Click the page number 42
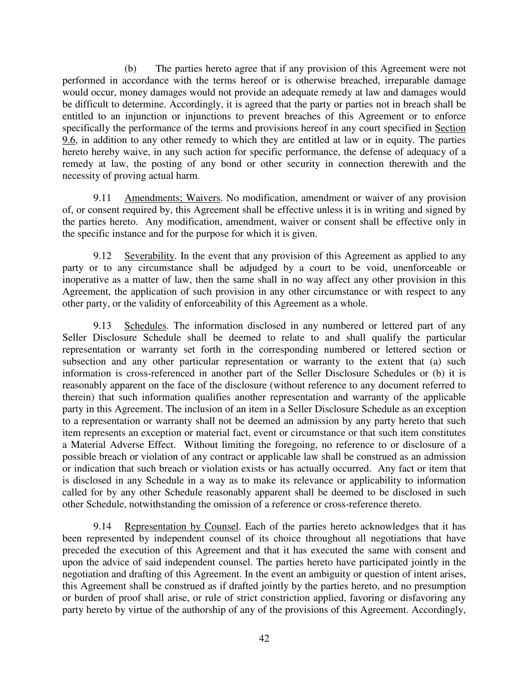264,638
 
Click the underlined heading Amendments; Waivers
172,198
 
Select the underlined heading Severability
149,256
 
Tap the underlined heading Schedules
145,326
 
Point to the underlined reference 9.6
69,140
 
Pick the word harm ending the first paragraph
188,176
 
